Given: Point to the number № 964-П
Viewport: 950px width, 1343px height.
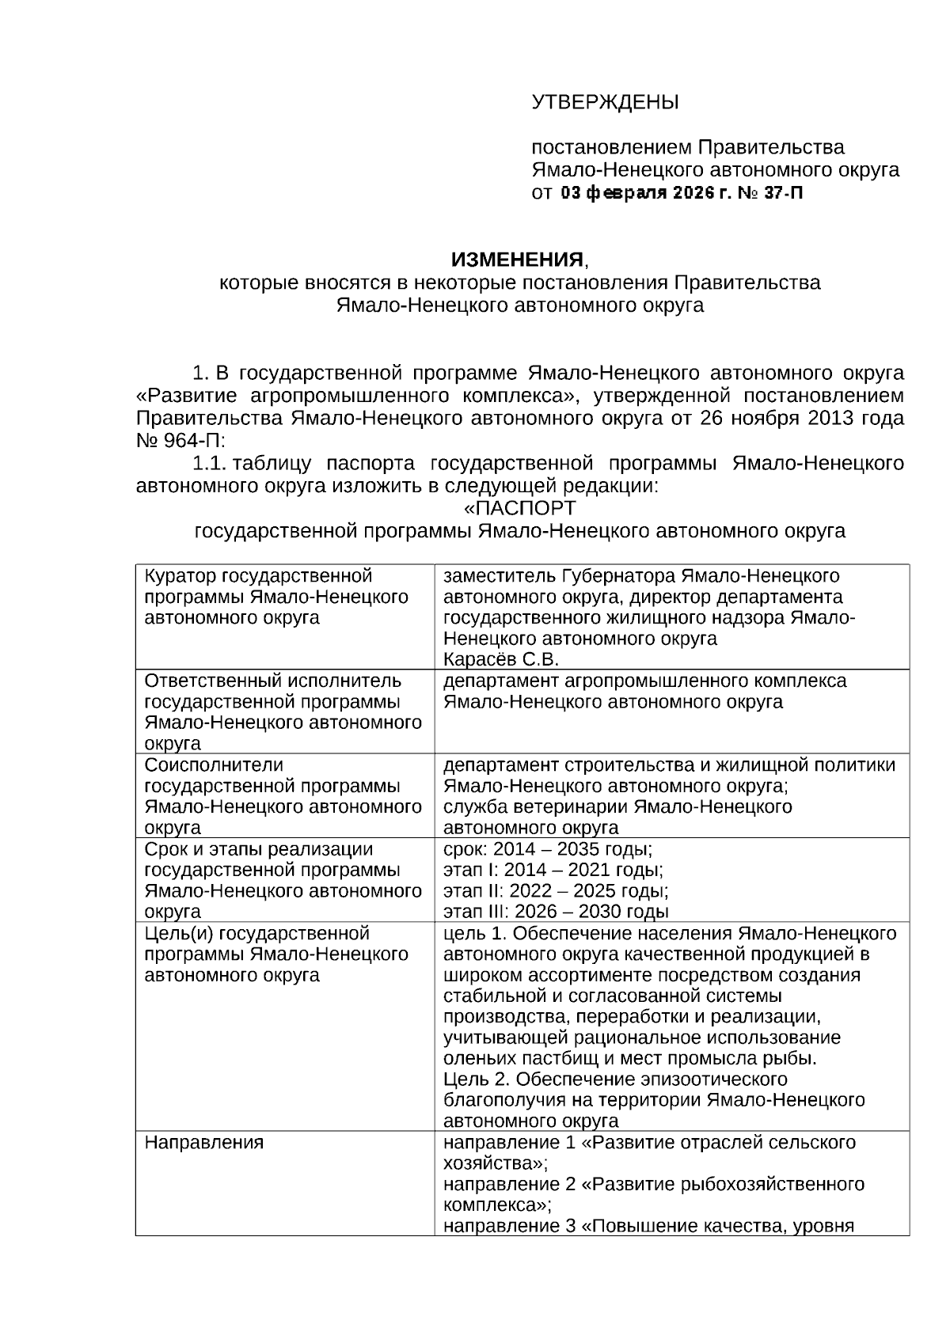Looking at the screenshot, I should coord(180,440).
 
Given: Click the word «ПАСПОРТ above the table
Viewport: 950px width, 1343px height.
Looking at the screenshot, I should coord(519,507).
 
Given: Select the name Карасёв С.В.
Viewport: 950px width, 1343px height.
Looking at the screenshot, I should coord(501,660).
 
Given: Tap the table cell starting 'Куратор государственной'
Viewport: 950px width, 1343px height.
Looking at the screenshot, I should coord(258,576).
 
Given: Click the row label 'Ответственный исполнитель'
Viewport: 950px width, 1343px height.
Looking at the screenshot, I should coord(273,681).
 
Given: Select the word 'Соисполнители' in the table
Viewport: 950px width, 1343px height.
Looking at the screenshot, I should coord(213,765).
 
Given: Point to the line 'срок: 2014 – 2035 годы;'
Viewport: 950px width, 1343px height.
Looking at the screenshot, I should coord(548,849).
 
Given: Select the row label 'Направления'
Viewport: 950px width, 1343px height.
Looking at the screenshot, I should coord(203,1143).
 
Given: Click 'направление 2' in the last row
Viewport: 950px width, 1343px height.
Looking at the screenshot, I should coord(510,1185).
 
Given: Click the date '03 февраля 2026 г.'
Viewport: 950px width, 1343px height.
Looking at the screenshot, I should coord(645,192).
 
